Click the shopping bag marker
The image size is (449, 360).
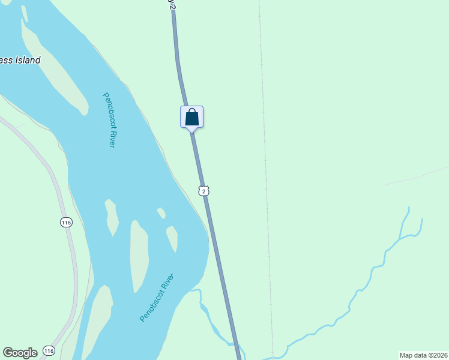[192, 116]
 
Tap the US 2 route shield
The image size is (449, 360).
[204, 191]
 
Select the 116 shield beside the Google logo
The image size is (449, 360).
[49, 350]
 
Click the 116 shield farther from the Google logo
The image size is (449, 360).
[66, 223]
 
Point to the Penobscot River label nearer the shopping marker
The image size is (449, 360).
[108, 120]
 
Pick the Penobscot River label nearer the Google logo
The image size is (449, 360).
[157, 298]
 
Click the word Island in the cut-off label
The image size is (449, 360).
[28, 60]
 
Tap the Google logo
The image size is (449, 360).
[20, 353]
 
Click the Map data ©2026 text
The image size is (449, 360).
[424, 355]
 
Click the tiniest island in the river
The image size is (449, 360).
[161, 213]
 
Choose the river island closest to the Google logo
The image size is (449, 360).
[99, 318]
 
